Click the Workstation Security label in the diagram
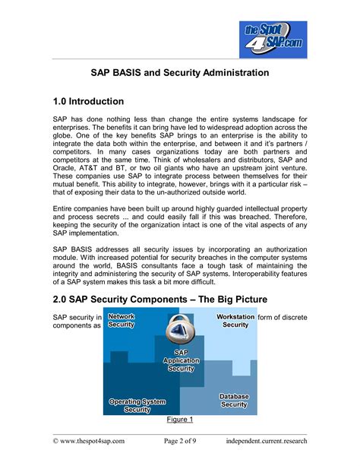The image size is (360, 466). tap(235, 320)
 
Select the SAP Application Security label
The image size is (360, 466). tap(181, 360)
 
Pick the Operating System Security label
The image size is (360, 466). tap(137, 405)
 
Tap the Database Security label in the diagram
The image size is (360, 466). tap(233, 401)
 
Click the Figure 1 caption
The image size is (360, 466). tap(179, 420)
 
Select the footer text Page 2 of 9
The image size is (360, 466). tap(180, 440)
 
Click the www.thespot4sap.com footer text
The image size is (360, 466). tap(89, 440)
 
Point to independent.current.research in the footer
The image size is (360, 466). tap(267, 440)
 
